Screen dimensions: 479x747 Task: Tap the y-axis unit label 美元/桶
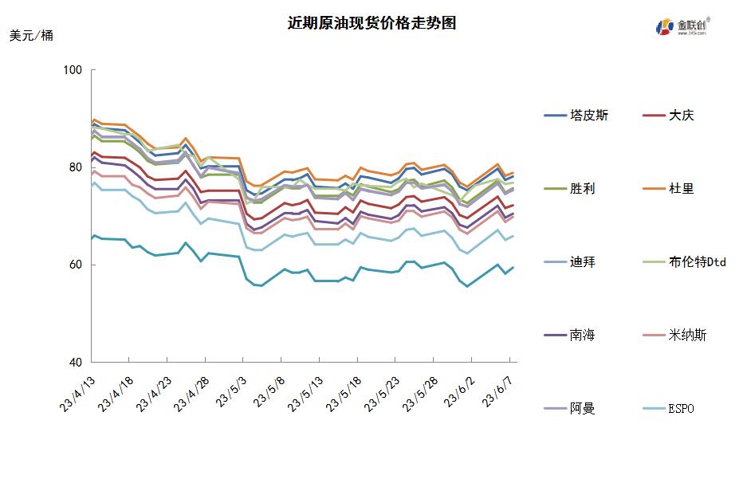tap(32, 36)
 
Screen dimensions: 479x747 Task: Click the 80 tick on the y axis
tap(75, 167)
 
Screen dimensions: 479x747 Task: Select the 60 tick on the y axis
tap(75, 265)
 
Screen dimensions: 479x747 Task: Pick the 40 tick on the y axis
tap(75, 362)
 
